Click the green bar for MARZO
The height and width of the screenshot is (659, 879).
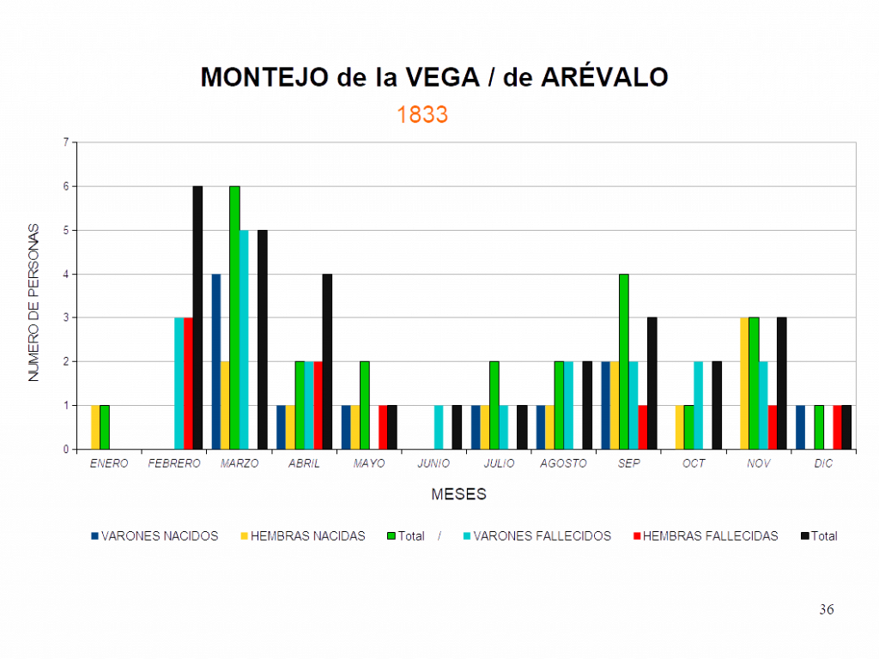[234, 317]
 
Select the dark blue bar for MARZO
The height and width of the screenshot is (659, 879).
[215, 361]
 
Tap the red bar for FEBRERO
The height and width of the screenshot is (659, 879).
[188, 383]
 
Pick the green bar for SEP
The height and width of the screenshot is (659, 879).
[624, 361]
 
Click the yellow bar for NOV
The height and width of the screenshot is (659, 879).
[744, 383]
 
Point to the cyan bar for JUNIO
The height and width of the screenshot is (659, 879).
[439, 426]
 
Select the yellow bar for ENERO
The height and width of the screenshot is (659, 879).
[95, 426]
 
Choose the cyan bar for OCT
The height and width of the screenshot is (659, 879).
[699, 405]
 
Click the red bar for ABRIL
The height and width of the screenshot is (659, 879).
[318, 405]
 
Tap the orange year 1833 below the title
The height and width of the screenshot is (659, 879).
[422, 115]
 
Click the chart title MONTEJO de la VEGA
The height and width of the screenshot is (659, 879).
[434, 78]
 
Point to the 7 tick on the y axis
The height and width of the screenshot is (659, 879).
[66, 142]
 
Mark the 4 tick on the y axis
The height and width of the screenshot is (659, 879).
[66, 275]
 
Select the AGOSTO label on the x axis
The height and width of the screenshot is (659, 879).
[563, 463]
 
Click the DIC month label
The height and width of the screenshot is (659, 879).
[823, 463]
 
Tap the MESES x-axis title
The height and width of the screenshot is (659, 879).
[459, 494]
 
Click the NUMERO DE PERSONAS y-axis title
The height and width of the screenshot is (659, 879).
[33, 301]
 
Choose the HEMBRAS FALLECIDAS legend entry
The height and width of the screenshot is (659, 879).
[705, 536]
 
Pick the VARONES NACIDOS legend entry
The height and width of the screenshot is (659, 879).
[155, 536]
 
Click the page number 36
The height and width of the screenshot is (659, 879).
[826, 610]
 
